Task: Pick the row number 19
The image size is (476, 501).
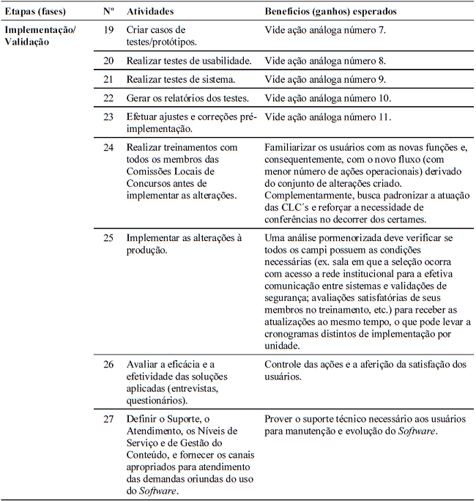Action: tap(108, 30)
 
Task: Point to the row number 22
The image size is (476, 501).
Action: tap(108, 98)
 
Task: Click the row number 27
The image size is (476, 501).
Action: tap(108, 419)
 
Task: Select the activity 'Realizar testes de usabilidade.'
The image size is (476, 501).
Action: tap(189, 61)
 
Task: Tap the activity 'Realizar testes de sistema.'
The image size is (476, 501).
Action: tap(179, 79)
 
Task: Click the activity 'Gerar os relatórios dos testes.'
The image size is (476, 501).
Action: tap(187, 98)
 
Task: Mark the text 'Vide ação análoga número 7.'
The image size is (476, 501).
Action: tap(325, 30)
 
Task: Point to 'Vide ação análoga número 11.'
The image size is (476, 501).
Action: tap(327, 116)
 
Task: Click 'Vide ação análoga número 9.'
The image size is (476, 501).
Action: tap(325, 79)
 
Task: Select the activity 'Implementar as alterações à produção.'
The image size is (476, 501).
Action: tap(183, 245)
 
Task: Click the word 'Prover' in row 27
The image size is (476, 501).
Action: tap(279, 419)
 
